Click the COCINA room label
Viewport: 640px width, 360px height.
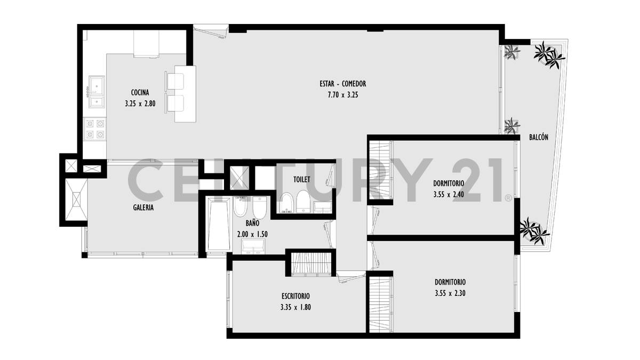pos(140,92)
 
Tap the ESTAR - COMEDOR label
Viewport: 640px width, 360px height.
pos(343,84)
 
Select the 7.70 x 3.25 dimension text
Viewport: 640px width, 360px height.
pos(343,95)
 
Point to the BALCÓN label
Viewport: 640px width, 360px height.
pos(539,137)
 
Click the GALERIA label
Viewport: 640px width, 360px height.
pos(143,207)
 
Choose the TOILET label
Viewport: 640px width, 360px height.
pos(302,180)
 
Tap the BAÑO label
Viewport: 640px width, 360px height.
pos(252,224)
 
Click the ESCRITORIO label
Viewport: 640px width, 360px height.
pos(295,295)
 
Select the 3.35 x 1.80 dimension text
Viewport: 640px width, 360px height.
pos(295,307)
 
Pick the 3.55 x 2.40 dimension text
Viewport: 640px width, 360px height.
pos(449,195)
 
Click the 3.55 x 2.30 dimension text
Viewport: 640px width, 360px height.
pos(450,292)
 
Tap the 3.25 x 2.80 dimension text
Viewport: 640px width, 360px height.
pos(140,104)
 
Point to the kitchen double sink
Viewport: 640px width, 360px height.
pos(97,92)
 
